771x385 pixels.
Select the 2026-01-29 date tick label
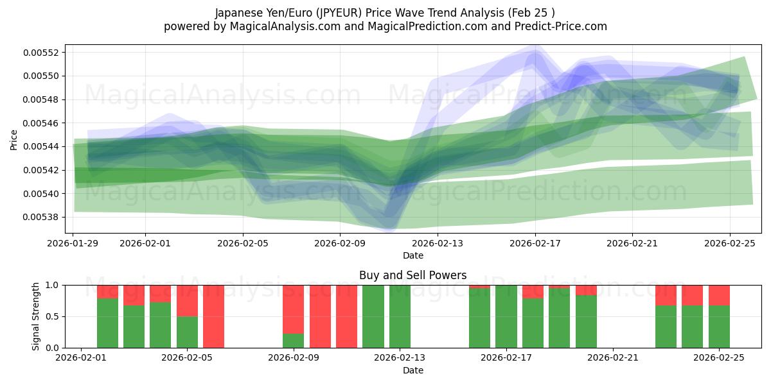click(x=73, y=243)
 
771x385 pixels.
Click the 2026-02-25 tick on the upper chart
click(x=730, y=243)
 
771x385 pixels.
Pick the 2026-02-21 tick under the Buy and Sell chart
click(x=613, y=357)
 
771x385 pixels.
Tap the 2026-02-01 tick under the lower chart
click(x=81, y=357)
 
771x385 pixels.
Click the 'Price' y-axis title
click(x=14, y=139)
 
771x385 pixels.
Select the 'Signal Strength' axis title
click(x=37, y=316)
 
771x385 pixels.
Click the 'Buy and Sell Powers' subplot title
click(x=412, y=275)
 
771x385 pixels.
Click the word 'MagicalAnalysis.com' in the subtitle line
click(x=276, y=26)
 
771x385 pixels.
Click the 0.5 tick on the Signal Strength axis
click(x=51, y=316)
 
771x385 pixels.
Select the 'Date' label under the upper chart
click(x=412, y=255)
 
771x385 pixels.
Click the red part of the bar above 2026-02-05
click(x=187, y=300)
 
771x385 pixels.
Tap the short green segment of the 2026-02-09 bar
click(x=293, y=341)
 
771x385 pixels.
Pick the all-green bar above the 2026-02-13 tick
click(x=400, y=316)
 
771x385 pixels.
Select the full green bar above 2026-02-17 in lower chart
click(x=506, y=316)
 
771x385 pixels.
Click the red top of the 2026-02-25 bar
click(x=719, y=295)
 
